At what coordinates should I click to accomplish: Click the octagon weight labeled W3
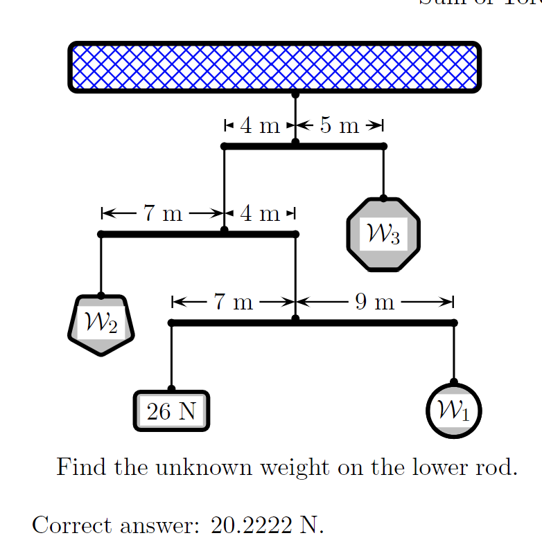click(383, 235)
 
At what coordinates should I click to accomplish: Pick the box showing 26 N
click(171, 411)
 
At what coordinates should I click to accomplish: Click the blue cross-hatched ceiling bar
click(274, 66)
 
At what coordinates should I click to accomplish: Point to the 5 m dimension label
click(340, 126)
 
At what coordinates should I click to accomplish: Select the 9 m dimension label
click(374, 302)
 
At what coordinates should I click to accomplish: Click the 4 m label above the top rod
click(260, 126)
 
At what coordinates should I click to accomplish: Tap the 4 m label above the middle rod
click(260, 214)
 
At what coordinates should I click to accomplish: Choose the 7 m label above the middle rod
click(163, 214)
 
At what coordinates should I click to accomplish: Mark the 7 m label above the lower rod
click(233, 302)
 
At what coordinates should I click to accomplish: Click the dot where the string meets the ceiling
click(295, 93)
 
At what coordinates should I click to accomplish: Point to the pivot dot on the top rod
click(295, 143)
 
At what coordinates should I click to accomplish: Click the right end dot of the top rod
click(384, 146)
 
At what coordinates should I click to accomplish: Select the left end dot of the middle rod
click(101, 234)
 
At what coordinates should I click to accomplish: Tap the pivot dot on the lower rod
click(295, 319)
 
